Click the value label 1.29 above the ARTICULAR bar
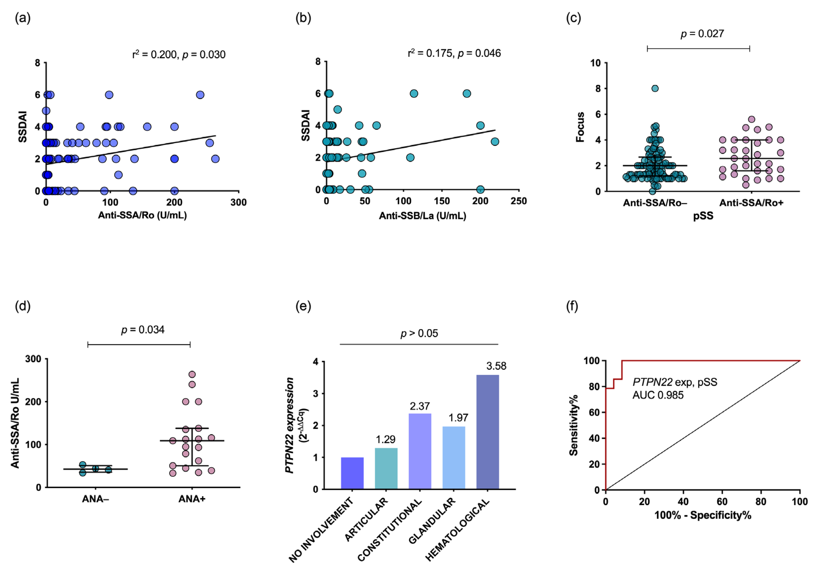point(385,440)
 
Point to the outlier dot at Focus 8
point(655,88)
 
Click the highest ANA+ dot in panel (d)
point(192,374)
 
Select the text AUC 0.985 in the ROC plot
point(658,395)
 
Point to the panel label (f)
point(572,306)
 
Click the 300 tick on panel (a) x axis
point(239,203)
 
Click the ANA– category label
point(95,499)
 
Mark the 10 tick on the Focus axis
point(596,63)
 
